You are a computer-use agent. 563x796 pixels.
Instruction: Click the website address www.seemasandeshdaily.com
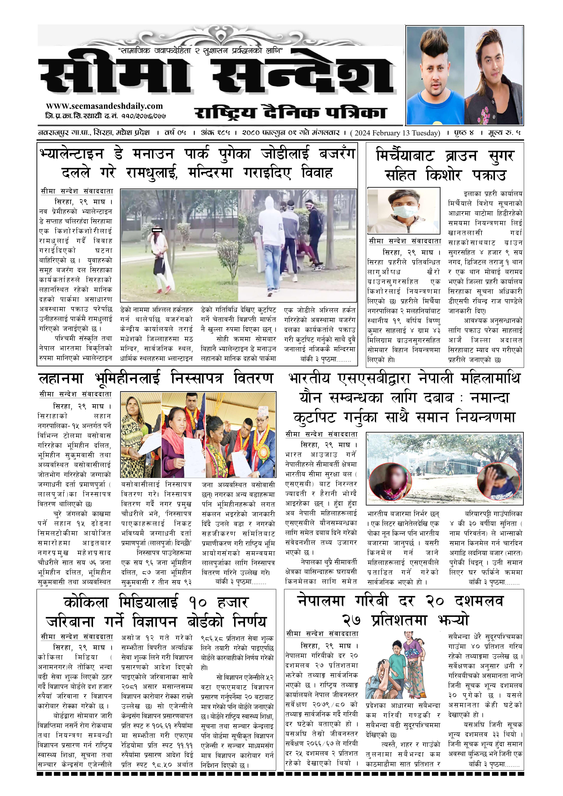[x=104, y=106]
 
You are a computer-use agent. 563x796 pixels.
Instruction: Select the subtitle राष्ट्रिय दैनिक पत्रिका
[x=291, y=113]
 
